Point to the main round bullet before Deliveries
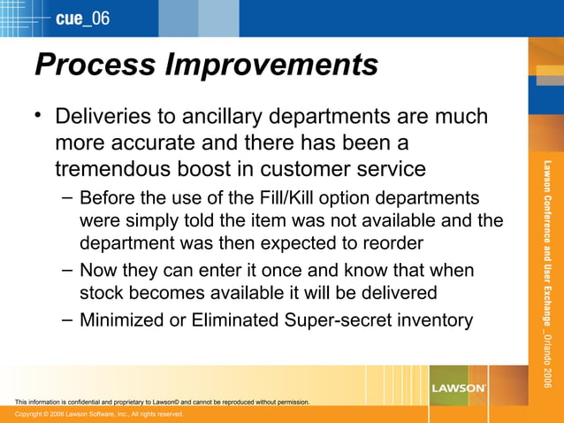(x=38, y=115)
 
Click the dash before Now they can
(x=67, y=270)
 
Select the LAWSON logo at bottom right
(x=458, y=388)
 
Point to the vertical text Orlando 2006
(x=547, y=358)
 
